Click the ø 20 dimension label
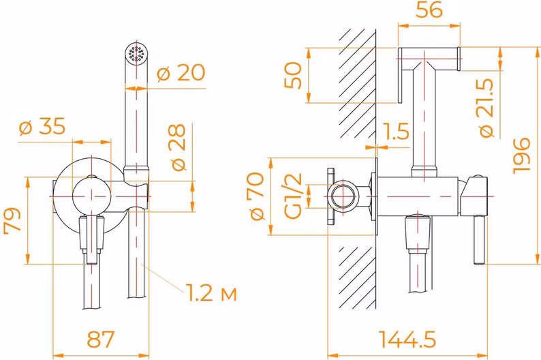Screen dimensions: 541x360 click(181, 73)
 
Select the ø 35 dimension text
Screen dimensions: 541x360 click(42, 126)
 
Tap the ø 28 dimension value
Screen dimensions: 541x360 click(179, 147)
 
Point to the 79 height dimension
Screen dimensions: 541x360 click(12, 221)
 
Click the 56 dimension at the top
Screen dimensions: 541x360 click(429, 10)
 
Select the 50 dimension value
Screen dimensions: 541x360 click(292, 75)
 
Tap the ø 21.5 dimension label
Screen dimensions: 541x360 click(486, 108)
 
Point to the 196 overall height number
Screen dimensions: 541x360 click(521, 155)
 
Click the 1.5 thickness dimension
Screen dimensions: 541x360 click(396, 131)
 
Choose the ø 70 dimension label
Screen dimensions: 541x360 click(257, 196)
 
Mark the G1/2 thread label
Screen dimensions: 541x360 click(293, 196)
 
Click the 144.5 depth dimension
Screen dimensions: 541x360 click(407, 339)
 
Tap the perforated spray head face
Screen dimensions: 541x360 click(136, 53)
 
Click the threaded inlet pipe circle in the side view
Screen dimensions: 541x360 click(343, 196)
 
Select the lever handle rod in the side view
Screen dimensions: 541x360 click(479, 240)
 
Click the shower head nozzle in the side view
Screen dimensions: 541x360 click(429, 59)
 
